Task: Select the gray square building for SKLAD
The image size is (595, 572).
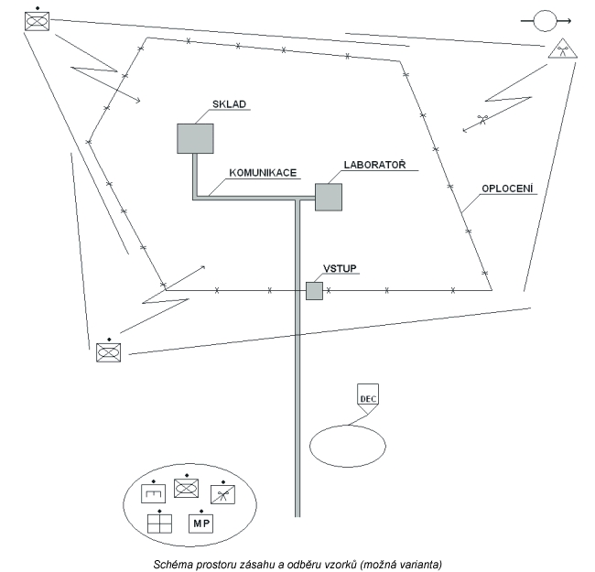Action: [195, 138]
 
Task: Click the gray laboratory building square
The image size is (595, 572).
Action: [328, 197]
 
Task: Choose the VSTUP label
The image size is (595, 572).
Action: [340, 268]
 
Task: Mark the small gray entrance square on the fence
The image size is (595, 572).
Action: [314, 291]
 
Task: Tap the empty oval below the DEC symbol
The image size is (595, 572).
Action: [347, 445]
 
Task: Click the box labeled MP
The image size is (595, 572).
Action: [200, 523]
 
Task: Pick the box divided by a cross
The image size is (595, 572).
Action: [159, 523]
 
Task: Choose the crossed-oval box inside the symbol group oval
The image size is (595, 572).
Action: [187, 487]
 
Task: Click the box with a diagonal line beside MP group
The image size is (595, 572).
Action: [223, 494]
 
